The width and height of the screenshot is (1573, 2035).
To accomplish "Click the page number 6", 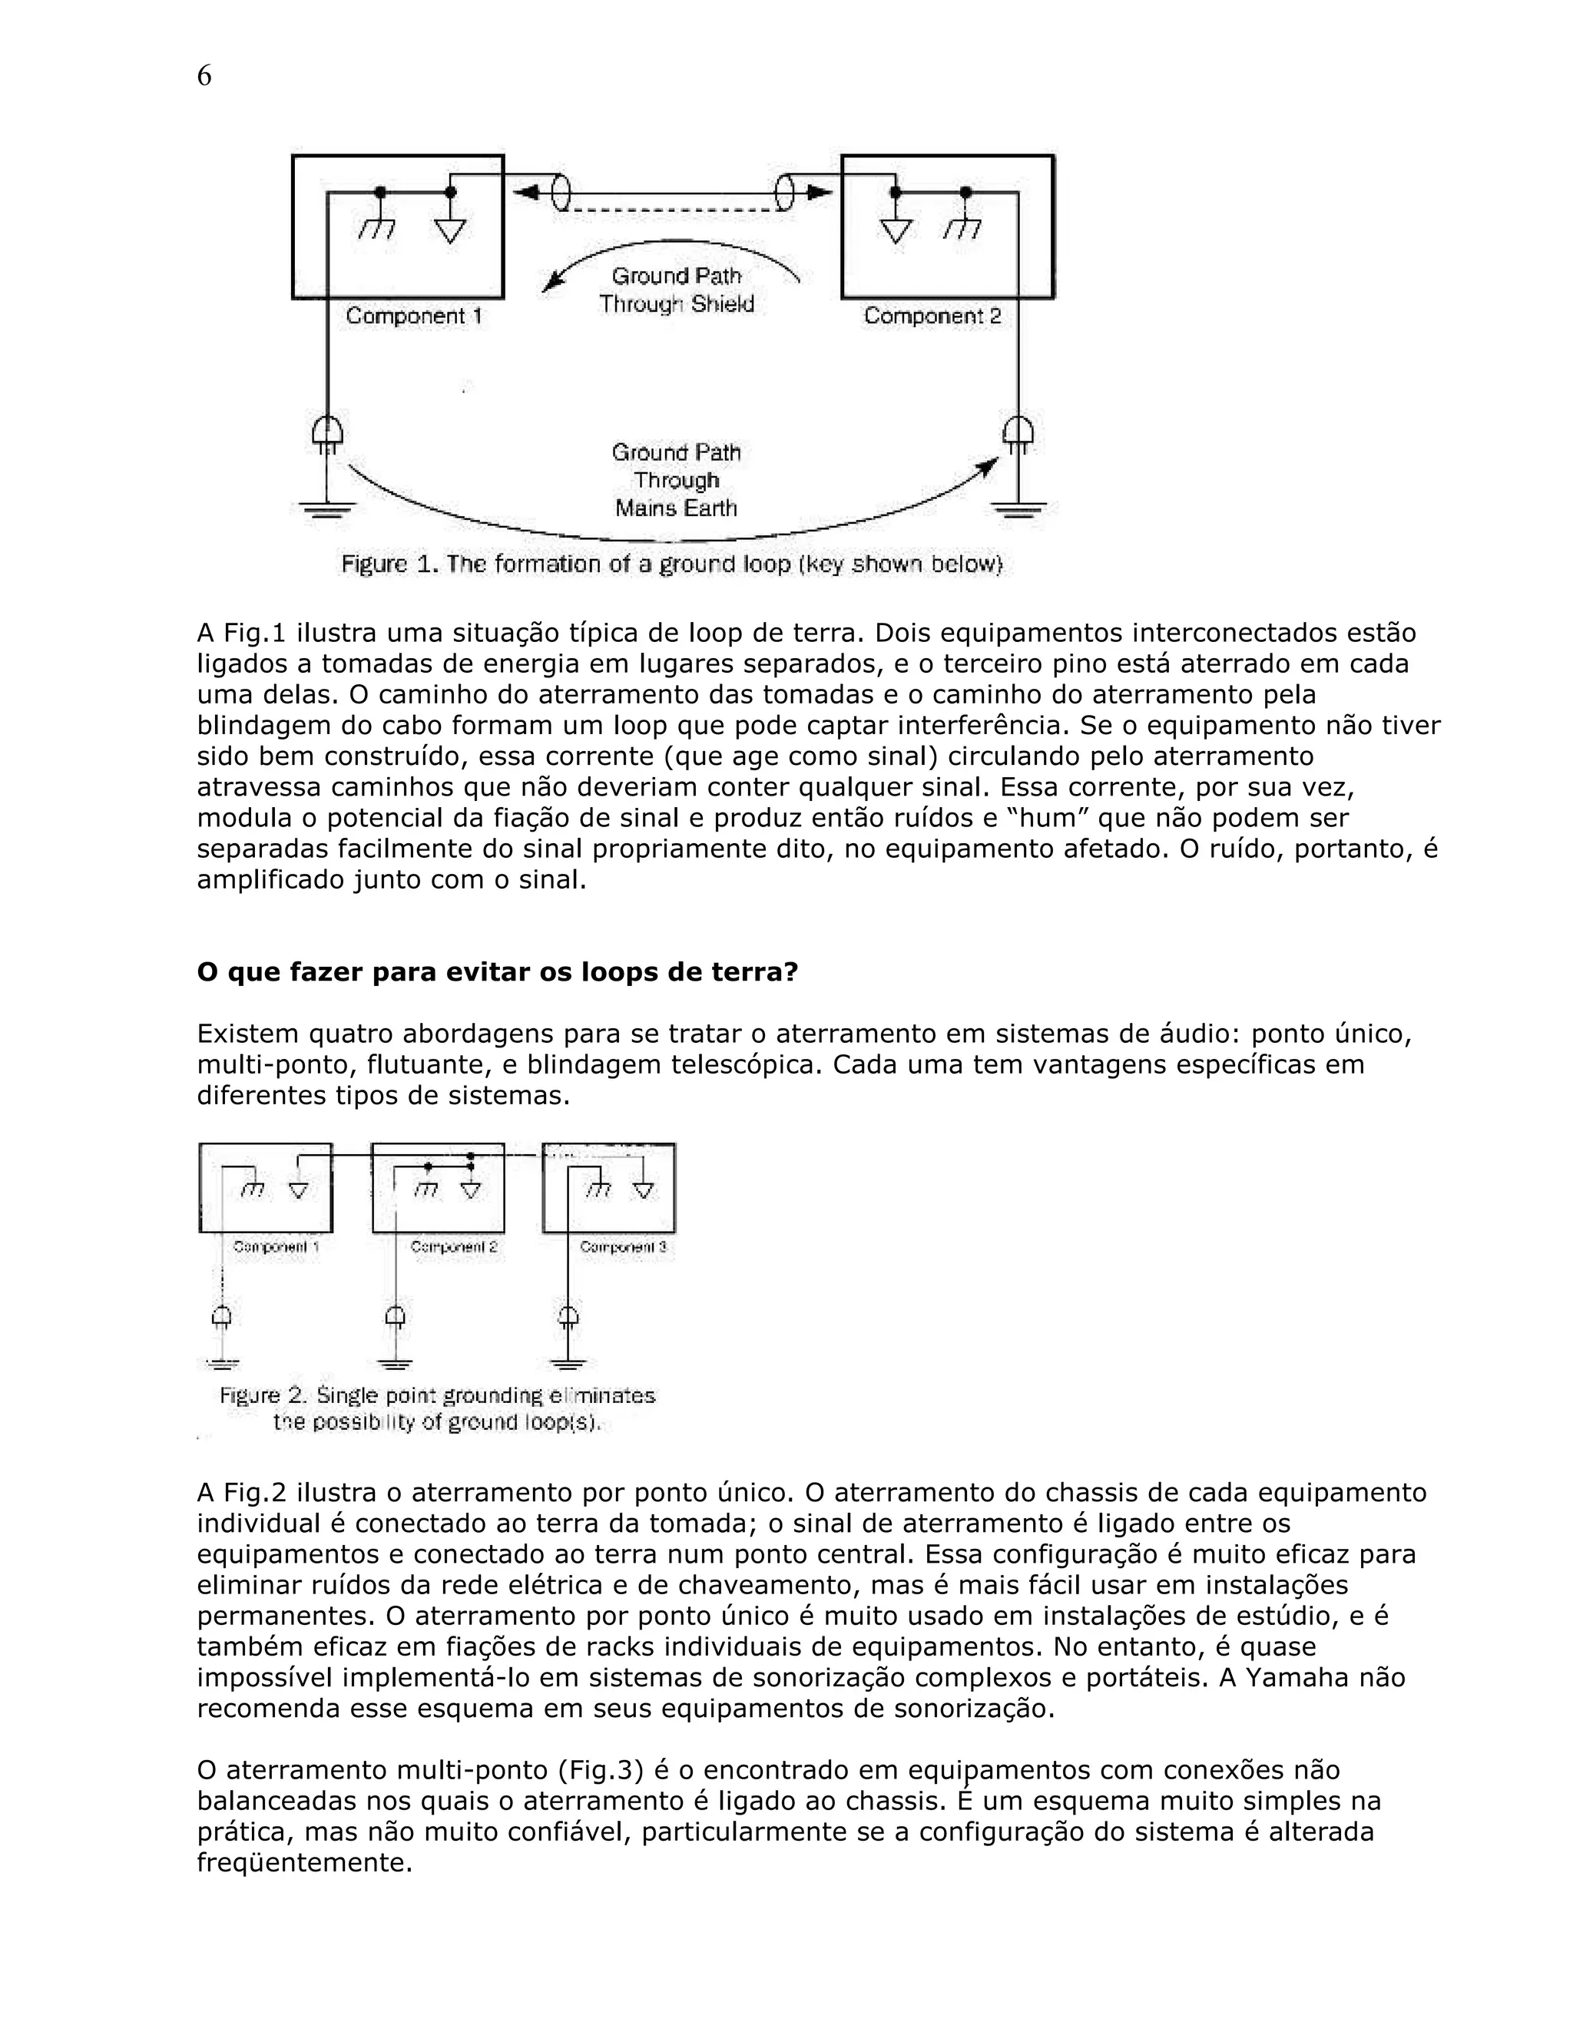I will tap(204, 75).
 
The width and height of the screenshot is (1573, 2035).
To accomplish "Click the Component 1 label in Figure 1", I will tap(414, 316).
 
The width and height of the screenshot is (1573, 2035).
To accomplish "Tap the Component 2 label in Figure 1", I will tap(932, 316).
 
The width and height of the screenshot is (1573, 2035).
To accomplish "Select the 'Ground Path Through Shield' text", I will tap(677, 290).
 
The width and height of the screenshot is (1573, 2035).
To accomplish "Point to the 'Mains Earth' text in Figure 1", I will tap(677, 508).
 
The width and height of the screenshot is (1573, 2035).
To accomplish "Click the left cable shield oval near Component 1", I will tap(561, 193).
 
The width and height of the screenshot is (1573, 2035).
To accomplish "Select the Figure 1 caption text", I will tap(671, 564).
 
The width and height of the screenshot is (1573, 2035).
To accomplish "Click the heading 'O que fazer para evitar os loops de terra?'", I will tap(498, 972).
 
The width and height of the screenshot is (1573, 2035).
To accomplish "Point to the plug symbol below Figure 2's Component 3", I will tap(568, 1315).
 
